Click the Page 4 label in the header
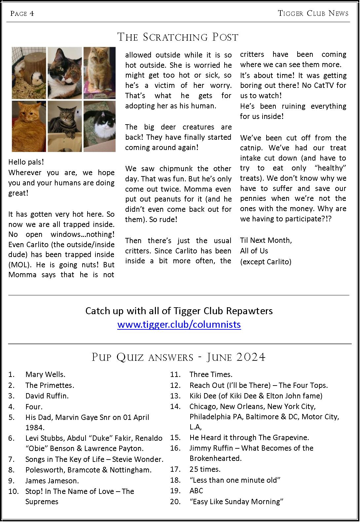tap(22, 14)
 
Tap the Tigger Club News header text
tap(313, 13)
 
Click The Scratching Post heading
tap(178, 37)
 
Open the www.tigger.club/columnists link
tap(179, 324)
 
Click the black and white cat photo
tap(100, 126)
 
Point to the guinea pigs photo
tap(29, 73)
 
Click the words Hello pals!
tap(26, 162)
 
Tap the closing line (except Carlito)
tap(266, 262)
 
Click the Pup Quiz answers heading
tap(178, 357)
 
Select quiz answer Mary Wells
tap(45, 374)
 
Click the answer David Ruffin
tap(47, 396)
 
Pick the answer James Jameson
tap(52, 481)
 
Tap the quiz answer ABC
tap(196, 491)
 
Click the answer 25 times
tap(205, 469)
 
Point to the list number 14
tap(175, 406)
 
